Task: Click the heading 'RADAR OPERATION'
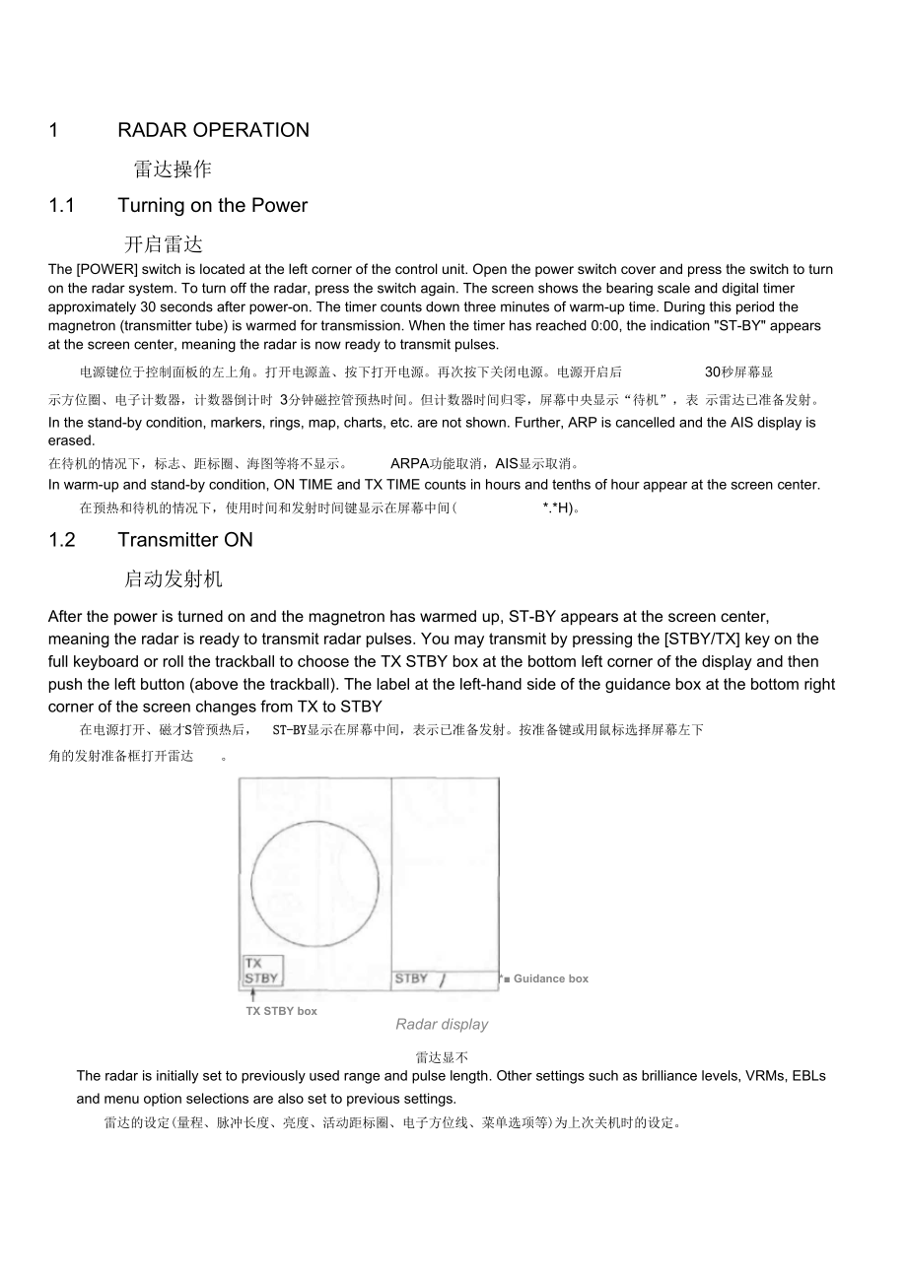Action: pos(213,130)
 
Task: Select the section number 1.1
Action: pos(62,205)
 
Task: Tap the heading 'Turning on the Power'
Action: pos(212,205)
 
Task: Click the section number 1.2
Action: pos(62,539)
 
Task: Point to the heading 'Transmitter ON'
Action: pos(185,539)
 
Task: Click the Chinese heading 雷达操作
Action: pos(173,169)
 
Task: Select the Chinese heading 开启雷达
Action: pos(163,243)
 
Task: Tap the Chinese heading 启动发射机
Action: pos(173,578)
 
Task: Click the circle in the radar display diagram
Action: pos(314,883)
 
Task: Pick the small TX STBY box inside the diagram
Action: pos(262,971)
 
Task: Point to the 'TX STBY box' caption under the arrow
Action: pos(281,1011)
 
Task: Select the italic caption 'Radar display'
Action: pos(442,1025)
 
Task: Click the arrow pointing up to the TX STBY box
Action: pos(253,995)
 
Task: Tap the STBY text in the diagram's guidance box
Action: pos(411,978)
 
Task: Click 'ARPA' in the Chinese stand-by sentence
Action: pos(410,463)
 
